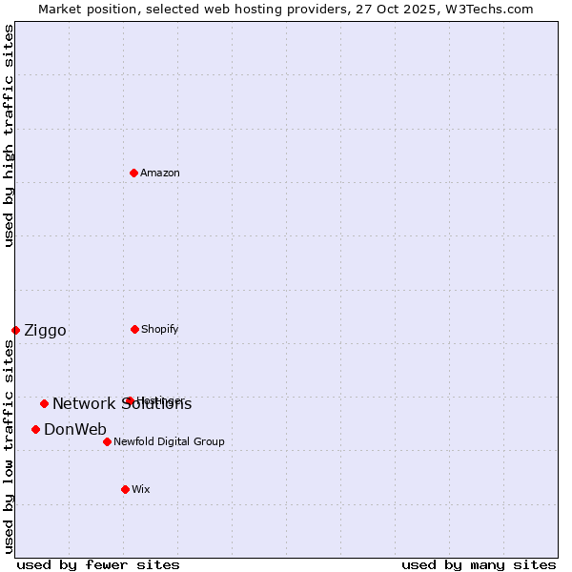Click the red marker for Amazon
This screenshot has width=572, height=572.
pos(134,173)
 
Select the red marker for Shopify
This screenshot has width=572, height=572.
pos(134,329)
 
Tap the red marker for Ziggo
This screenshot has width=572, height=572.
pos(15,330)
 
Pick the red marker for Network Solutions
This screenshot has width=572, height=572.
pos(44,403)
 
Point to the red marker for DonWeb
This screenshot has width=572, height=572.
pos(35,429)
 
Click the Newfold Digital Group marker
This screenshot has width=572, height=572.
pos(107,441)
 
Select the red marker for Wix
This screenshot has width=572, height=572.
pos(125,489)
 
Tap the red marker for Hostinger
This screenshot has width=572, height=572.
pos(130,400)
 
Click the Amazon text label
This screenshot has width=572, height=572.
pos(160,173)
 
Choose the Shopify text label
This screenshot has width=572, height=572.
pos(160,329)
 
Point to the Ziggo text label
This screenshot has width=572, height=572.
pos(45,331)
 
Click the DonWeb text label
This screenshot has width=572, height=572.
pos(75,430)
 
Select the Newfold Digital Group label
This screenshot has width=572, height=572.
pos(169,441)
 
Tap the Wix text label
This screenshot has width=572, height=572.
pos(141,489)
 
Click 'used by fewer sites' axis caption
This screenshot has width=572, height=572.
pos(98,565)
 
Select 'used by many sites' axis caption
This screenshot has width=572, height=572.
pos(479,565)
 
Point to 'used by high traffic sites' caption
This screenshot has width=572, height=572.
pos(9,135)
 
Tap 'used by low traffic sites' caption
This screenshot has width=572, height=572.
pos(9,446)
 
